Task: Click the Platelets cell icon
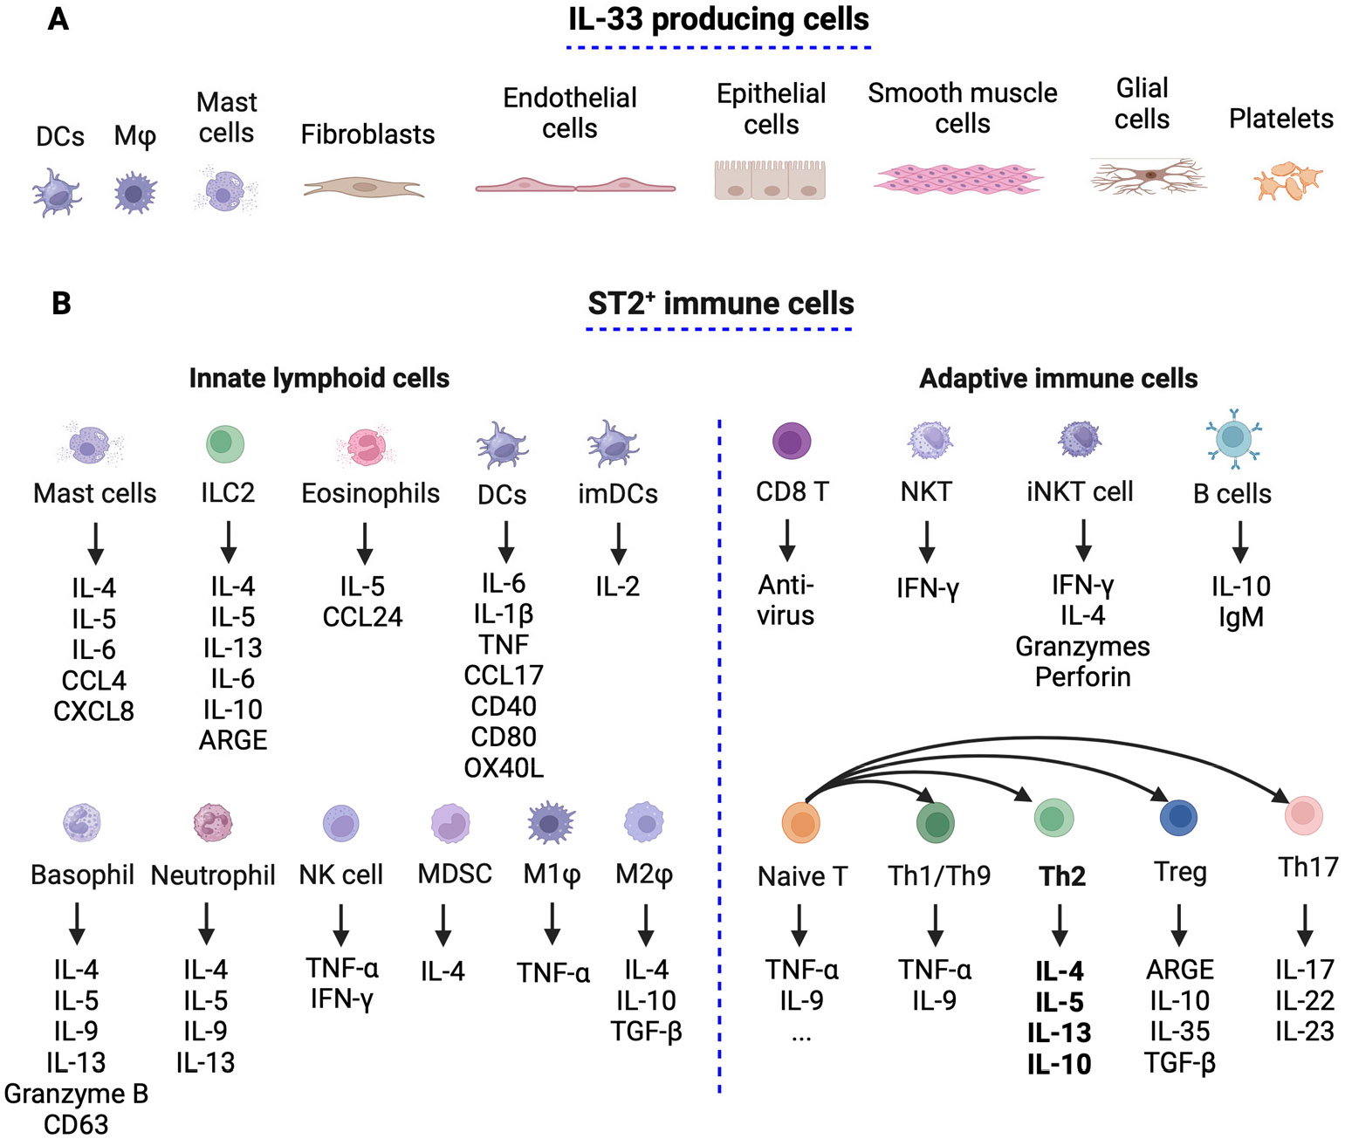coord(1288,180)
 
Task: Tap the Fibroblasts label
coord(367,134)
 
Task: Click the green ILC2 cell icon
coord(225,443)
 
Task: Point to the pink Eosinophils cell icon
coord(367,445)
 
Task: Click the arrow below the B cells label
coord(1239,541)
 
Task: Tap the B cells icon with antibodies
coord(1232,438)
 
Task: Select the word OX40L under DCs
coord(504,768)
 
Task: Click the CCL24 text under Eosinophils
coord(362,617)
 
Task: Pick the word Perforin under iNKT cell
coord(1082,677)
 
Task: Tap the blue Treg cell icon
coord(1178,817)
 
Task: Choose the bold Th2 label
coord(1061,875)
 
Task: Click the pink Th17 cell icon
coord(1304,814)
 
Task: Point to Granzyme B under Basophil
coord(76,1094)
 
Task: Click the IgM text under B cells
coord(1240,617)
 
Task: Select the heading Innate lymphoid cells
coord(319,378)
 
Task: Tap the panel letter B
coord(61,304)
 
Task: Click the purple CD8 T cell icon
coord(792,441)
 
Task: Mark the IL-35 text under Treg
coord(1179,1032)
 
